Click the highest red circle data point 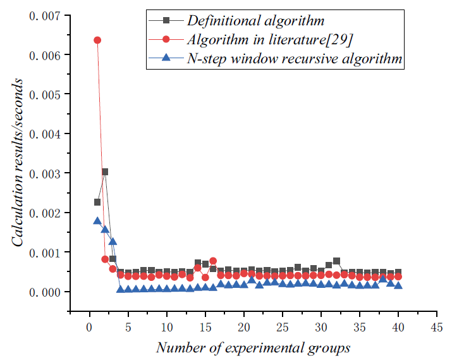(x=97, y=40)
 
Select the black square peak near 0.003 (x=105, y=171)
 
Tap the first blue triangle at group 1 (x=97, y=221)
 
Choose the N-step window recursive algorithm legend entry (x=295, y=59)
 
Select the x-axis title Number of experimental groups (x=253, y=347)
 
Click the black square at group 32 (x=336, y=261)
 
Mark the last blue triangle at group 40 (x=398, y=285)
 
